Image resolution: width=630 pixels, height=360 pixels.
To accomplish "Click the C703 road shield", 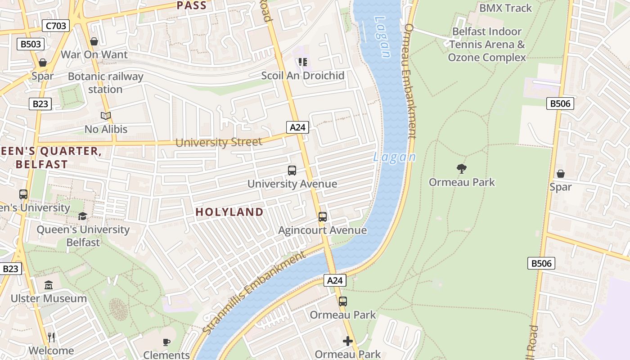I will tap(56, 26).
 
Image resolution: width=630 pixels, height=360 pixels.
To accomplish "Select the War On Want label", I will tap(94, 55).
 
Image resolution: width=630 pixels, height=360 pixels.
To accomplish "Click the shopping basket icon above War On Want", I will tap(94, 42).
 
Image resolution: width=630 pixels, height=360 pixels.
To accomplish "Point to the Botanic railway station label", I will tap(105, 83).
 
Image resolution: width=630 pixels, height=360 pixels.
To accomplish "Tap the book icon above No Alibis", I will tap(106, 116).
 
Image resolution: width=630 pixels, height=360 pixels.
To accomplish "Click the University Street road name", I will tap(219, 143).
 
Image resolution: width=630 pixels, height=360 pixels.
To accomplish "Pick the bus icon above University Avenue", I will tap(292, 171).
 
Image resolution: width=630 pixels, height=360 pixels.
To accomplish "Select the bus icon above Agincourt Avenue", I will tap(323, 217).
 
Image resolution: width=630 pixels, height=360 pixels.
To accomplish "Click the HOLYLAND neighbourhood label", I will tap(229, 212).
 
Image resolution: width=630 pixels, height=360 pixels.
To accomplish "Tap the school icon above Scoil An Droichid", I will tap(303, 62).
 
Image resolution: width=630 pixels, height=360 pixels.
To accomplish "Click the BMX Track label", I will tap(505, 8).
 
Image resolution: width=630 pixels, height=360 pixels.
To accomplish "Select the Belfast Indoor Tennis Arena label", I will tap(487, 45).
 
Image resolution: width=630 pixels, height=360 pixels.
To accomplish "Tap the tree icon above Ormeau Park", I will tap(461, 169).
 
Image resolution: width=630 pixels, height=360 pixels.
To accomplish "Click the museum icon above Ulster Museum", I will tap(49, 285).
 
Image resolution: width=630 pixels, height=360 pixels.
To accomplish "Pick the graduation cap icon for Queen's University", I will tap(83, 216).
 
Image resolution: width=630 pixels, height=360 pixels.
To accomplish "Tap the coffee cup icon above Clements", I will tap(166, 342).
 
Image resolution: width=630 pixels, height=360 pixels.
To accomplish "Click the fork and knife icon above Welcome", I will tap(51, 337).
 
